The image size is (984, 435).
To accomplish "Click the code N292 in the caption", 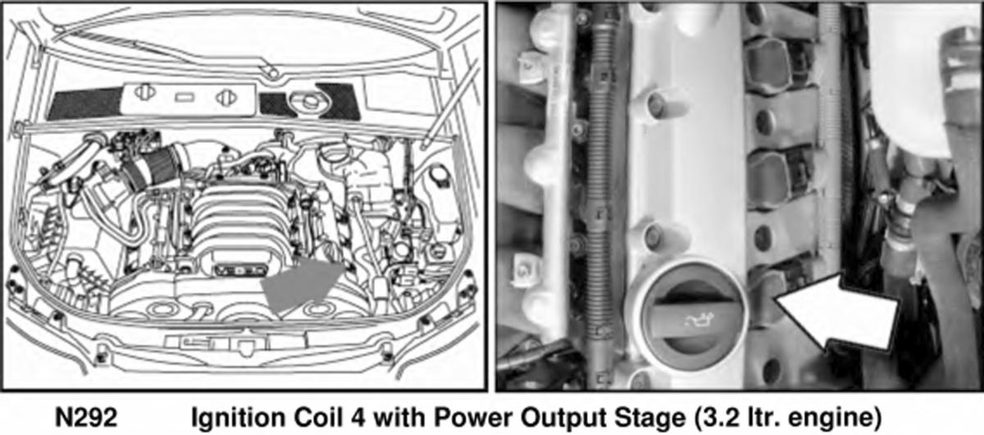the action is click(86, 417).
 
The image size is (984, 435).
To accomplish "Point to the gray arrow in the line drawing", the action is click(302, 285).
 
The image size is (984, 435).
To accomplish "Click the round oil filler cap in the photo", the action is click(686, 317).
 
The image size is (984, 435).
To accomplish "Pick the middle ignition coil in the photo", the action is click(777, 177).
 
